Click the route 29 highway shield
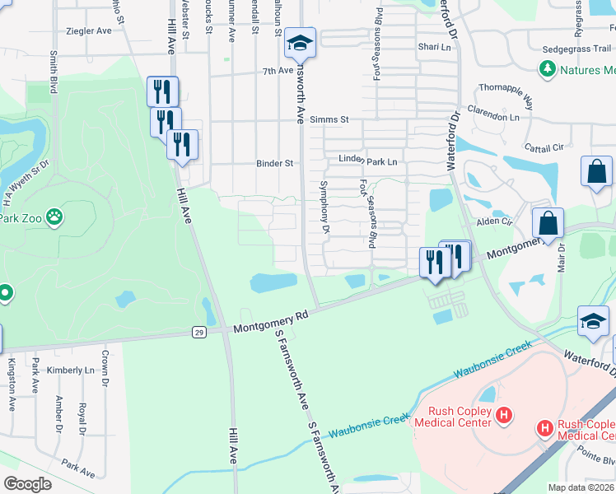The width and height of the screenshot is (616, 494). (199, 332)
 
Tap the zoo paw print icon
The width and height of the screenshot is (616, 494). (54, 217)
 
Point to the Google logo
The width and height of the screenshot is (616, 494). (28, 483)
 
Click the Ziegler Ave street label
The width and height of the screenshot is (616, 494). (89, 31)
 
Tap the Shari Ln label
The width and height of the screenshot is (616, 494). (435, 47)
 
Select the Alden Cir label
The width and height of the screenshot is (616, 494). (495, 221)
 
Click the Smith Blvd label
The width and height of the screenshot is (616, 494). (54, 72)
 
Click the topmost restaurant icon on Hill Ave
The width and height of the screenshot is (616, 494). (162, 90)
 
